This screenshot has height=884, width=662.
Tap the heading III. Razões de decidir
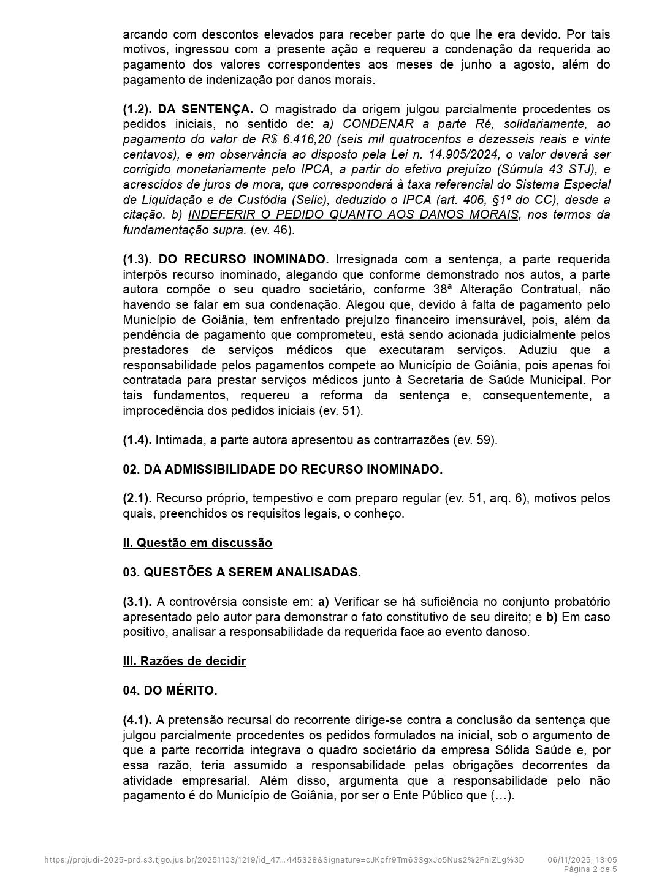pos(184,661)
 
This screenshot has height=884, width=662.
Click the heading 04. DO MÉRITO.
pos(170,690)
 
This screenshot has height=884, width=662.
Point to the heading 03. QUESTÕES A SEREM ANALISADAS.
pos(242,572)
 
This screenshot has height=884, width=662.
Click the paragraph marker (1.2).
pos(137,109)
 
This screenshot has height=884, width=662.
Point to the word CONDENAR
pos(378,124)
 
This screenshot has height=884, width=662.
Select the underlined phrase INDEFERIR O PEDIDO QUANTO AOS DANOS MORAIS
pos(353,214)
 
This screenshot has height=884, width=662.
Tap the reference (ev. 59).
pos(474,440)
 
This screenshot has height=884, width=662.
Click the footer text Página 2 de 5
pos(590,869)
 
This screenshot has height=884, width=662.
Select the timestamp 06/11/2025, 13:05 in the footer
pos(582,859)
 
